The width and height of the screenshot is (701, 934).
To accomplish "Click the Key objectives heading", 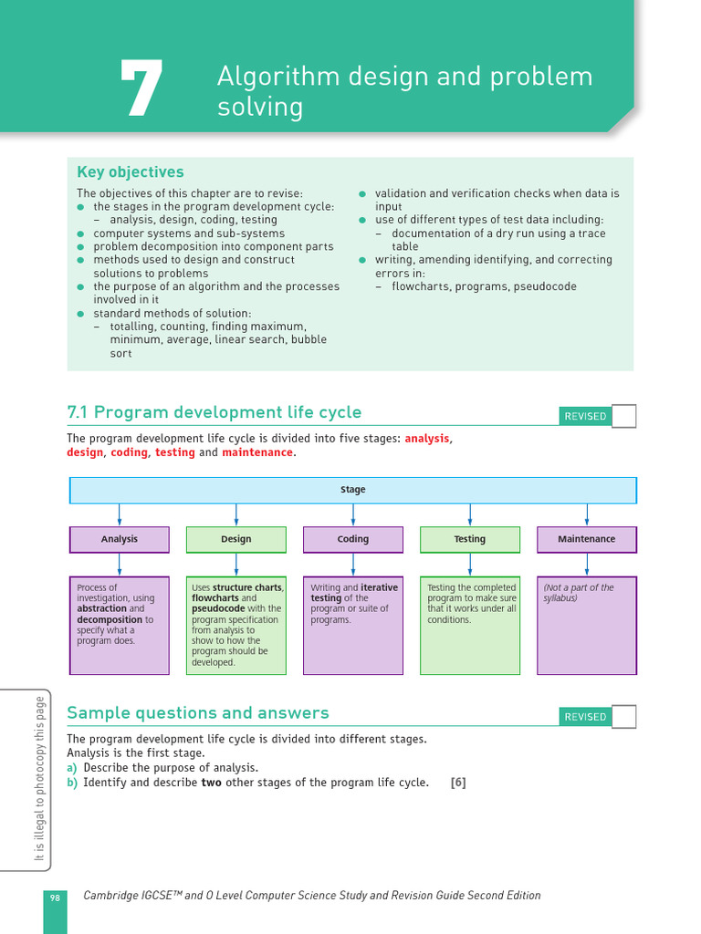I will (x=130, y=172).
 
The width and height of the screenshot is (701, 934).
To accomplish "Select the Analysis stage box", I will (x=120, y=539).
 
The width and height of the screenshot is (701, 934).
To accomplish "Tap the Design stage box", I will (x=236, y=539).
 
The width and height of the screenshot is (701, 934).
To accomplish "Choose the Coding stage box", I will (x=353, y=539).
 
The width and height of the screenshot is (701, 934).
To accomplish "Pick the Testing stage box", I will (x=470, y=539).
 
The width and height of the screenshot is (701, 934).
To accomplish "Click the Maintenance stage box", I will (x=587, y=539).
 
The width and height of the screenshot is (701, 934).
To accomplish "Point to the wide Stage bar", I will (x=353, y=490).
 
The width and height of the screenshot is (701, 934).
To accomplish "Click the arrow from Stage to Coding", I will (x=353, y=514).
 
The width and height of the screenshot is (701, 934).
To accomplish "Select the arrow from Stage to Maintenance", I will (x=587, y=514).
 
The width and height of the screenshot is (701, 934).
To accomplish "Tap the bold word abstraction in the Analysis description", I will (x=101, y=608).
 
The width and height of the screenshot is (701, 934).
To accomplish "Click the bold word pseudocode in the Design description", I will (x=217, y=608).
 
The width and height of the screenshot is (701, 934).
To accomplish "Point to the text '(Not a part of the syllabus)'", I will (x=579, y=593).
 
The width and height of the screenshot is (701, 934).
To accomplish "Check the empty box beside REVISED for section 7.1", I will (x=623, y=416).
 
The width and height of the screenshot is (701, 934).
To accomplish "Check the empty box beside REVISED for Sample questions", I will (x=623, y=717).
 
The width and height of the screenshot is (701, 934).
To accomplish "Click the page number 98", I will (x=54, y=899).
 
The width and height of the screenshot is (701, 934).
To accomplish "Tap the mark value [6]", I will (x=458, y=783).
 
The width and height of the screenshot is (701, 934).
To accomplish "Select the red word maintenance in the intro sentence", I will (x=256, y=452).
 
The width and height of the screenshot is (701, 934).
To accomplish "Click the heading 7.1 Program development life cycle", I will (x=214, y=412).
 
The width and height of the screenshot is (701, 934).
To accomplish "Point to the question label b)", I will (x=72, y=783).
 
